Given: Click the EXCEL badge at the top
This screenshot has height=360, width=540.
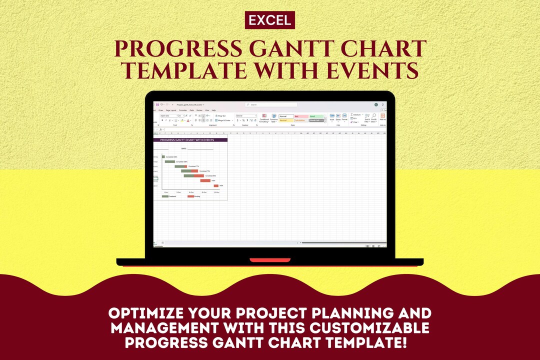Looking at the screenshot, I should [270, 20].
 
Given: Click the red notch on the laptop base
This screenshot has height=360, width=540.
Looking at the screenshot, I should [270, 260].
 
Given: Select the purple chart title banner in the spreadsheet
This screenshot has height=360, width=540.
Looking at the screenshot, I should [190, 140].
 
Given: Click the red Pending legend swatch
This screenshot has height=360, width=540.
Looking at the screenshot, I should [190, 196].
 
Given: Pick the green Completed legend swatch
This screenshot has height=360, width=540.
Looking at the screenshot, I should [165, 196].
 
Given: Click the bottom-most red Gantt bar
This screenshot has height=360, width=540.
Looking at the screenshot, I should [216, 185].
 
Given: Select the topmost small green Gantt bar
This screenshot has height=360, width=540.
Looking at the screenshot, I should [163, 156].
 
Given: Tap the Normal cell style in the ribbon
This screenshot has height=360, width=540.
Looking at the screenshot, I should [286, 116].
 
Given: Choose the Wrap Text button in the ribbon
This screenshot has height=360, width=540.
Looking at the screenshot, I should [220, 115].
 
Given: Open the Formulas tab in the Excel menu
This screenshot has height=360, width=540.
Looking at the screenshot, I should [183, 110].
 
